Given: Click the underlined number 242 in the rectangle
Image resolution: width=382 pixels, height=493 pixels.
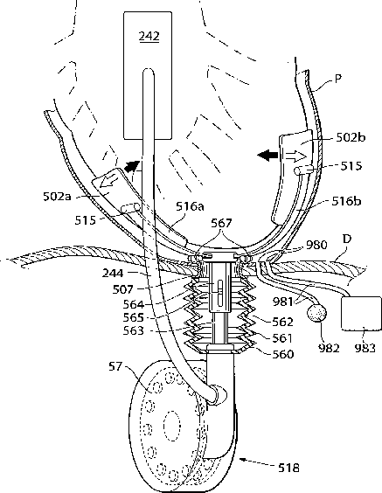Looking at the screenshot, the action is pyautogui.click(x=149, y=36).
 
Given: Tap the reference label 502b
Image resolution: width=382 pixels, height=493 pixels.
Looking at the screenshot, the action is pyautogui.click(x=351, y=137).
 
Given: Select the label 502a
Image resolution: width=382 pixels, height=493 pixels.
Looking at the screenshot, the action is pyautogui.click(x=57, y=196).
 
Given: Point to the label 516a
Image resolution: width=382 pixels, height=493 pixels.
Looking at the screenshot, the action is pyautogui.click(x=190, y=206).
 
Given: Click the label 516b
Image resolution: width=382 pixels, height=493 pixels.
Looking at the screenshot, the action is pyautogui.click(x=346, y=201).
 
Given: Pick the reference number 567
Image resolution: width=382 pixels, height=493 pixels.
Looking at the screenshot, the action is pyautogui.click(x=221, y=223).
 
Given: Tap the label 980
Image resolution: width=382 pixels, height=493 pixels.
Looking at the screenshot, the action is pyautogui.click(x=316, y=244).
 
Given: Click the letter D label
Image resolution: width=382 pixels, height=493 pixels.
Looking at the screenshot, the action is pyautogui.click(x=346, y=239).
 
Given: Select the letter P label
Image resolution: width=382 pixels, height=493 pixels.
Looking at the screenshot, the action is pyautogui.click(x=338, y=79).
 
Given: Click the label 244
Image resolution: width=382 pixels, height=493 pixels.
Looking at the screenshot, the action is pyautogui.click(x=113, y=273).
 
